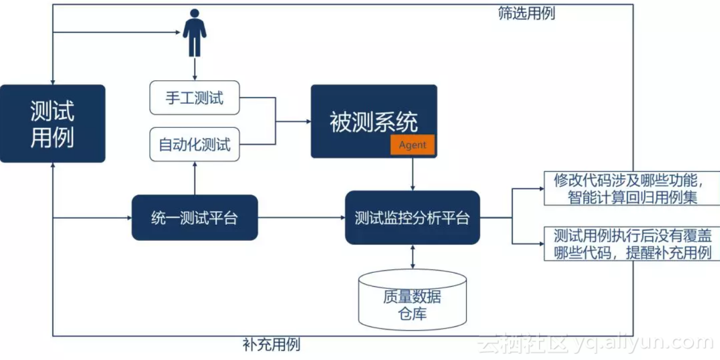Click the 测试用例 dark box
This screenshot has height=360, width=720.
tap(52, 124)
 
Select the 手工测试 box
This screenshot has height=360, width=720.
tap(195, 98)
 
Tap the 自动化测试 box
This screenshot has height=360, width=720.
tap(195, 144)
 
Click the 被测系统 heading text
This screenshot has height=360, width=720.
tap(373, 122)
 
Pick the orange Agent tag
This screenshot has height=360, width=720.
tap(412, 145)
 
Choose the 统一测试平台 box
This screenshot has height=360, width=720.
tap(195, 218)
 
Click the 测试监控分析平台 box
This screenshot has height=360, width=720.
tap(412, 218)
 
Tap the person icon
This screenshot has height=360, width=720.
tap(194, 33)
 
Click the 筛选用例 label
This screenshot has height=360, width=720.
tap(526, 14)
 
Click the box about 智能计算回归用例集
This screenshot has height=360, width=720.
tap(631, 189)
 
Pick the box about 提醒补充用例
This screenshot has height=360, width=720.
tap(631, 244)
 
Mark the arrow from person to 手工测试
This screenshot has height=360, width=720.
tap(194, 68)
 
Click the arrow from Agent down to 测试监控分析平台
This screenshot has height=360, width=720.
tap(412, 174)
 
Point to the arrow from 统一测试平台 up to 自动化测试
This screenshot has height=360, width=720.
tap(195, 179)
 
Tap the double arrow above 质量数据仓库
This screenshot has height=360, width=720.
tap(412, 257)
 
